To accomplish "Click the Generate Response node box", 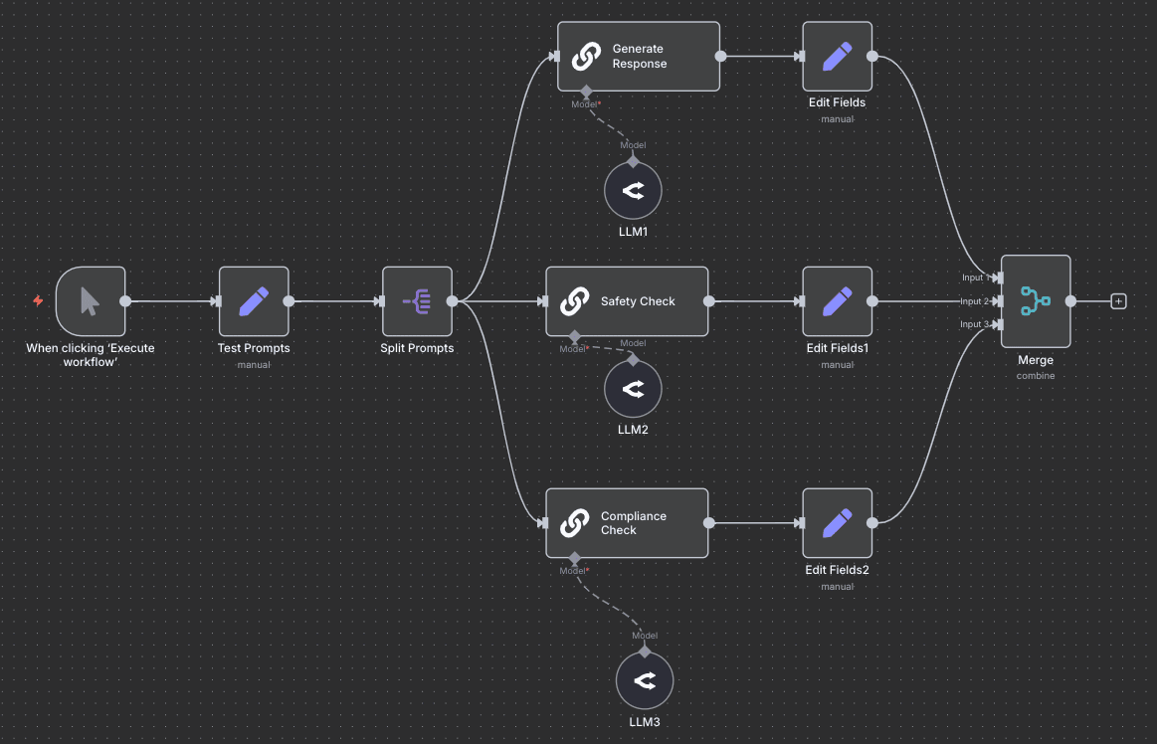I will tap(638, 57).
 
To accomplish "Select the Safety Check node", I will tap(627, 301).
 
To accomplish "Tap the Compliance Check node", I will tap(627, 523).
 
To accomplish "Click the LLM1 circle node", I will tap(633, 191).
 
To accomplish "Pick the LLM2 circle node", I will tap(633, 389).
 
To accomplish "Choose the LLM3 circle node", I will tap(645, 681).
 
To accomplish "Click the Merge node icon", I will tap(1036, 301).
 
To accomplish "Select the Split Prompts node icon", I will tap(417, 301).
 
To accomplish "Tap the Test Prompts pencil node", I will tap(254, 301).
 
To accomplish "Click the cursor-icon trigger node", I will tap(91, 301).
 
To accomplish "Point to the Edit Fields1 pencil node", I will tap(838, 301).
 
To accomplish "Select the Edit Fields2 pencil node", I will tap(838, 523).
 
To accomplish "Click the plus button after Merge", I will tap(1118, 301).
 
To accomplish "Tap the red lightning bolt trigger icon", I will tap(38, 300).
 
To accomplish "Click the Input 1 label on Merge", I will tap(975, 278).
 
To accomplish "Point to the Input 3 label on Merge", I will tap(975, 324).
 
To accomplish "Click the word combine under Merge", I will tap(1036, 376).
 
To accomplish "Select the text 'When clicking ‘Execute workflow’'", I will tap(91, 355).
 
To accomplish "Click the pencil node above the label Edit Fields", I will tap(838, 57).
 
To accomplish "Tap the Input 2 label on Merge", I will tap(975, 301).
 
